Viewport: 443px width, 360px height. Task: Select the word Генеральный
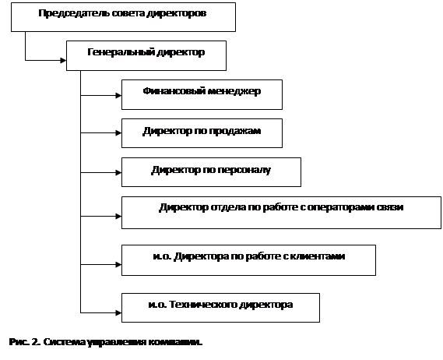(x=121, y=52)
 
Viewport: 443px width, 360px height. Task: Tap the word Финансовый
(x=174, y=91)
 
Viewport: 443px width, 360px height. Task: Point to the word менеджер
(x=234, y=92)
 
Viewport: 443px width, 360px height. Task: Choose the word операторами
(x=341, y=207)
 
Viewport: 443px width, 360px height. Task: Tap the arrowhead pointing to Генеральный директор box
(x=63, y=60)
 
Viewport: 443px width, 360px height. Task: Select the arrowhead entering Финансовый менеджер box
(x=118, y=96)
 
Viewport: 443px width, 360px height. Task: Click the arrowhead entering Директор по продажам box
(x=118, y=133)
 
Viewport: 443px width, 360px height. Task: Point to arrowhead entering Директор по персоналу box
(x=118, y=172)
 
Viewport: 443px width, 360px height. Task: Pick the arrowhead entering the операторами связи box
(x=118, y=217)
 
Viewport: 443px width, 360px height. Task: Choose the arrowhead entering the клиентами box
(x=118, y=265)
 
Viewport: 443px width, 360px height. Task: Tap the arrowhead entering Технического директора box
(x=118, y=312)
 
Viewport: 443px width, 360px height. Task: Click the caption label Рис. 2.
(x=25, y=342)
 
